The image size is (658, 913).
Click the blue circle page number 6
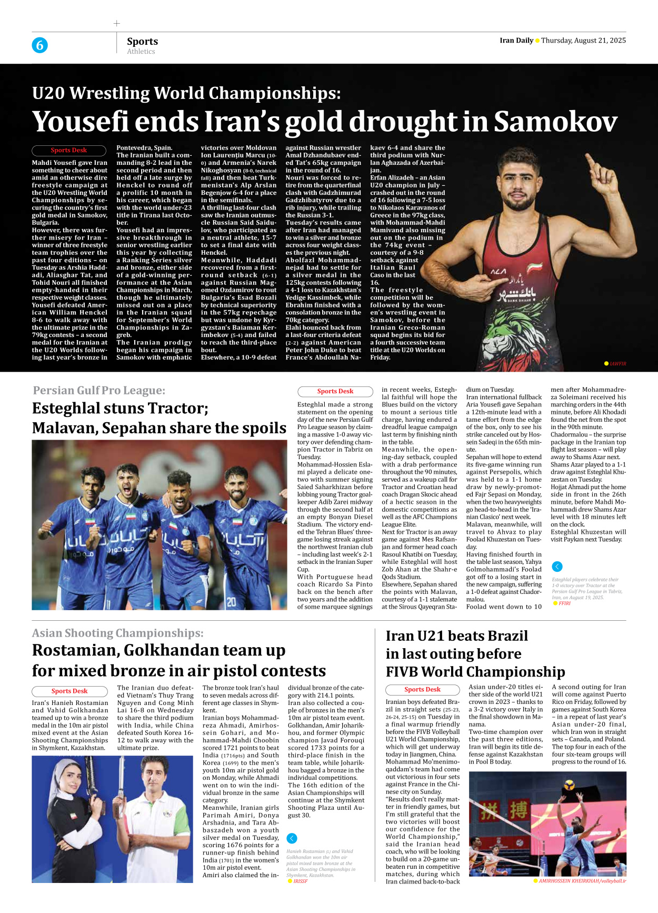[39, 45]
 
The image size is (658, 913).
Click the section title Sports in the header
[142, 41]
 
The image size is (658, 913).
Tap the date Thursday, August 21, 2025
[583, 41]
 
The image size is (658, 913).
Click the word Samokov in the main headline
[555, 122]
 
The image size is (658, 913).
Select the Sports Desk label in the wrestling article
[69, 150]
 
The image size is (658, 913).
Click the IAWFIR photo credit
[617, 364]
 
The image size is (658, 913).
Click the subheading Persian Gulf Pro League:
[99, 390]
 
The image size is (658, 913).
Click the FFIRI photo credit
[564, 603]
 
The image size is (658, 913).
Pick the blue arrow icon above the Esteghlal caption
[557, 567]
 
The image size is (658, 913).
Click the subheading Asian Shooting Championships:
[117, 633]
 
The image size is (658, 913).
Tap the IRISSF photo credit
[300, 881]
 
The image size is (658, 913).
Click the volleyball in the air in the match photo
[569, 786]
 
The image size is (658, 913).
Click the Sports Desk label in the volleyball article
[422, 689]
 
